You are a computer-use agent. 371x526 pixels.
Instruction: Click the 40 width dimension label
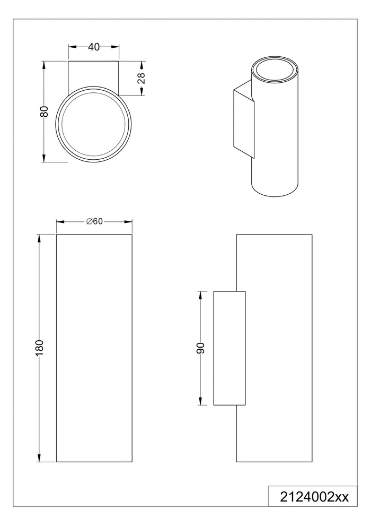pos(94,47)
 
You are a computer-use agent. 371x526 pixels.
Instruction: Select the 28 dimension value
pos(142,78)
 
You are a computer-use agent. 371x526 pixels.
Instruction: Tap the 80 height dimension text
pos(44,111)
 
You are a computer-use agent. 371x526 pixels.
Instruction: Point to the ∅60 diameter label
pos(94,221)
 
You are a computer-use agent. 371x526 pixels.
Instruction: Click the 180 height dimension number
pos(40,348)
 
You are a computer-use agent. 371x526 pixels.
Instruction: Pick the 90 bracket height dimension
pos(200,348)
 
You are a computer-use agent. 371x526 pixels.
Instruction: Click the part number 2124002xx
pos(314,497)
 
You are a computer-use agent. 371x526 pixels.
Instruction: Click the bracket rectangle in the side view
pos(229,348)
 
